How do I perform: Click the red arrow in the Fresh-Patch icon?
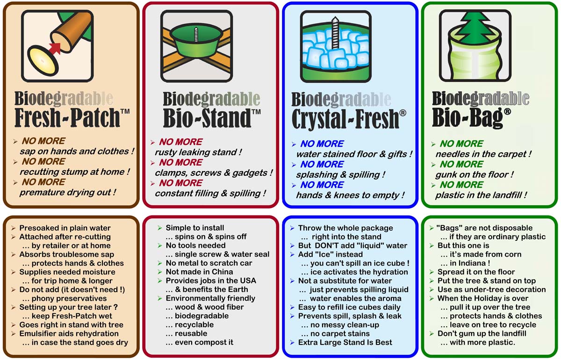click(55, 48)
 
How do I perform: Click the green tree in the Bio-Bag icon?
click(475, 29)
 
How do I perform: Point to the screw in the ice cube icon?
click(335, 33)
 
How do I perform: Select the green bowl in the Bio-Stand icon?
click(196, 42)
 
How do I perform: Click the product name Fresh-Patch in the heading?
click(67, 117)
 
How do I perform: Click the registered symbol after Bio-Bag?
click(507, 111)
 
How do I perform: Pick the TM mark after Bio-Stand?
click(256, 112)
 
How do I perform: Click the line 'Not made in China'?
click(199, 272)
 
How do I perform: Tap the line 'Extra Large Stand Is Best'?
click(345, 342)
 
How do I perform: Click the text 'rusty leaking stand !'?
click(198, 152)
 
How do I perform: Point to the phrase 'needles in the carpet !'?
click(483, 154)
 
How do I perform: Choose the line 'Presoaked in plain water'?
click(65, 228)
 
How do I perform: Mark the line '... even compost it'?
click(199, 342)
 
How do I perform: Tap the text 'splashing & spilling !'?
click(341, 174)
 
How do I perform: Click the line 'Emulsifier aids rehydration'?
click(69, 333)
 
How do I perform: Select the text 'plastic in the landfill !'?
click(481, 195)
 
